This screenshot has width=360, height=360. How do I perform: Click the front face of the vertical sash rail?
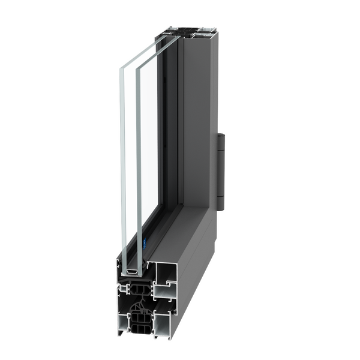(x=172, y=120)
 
